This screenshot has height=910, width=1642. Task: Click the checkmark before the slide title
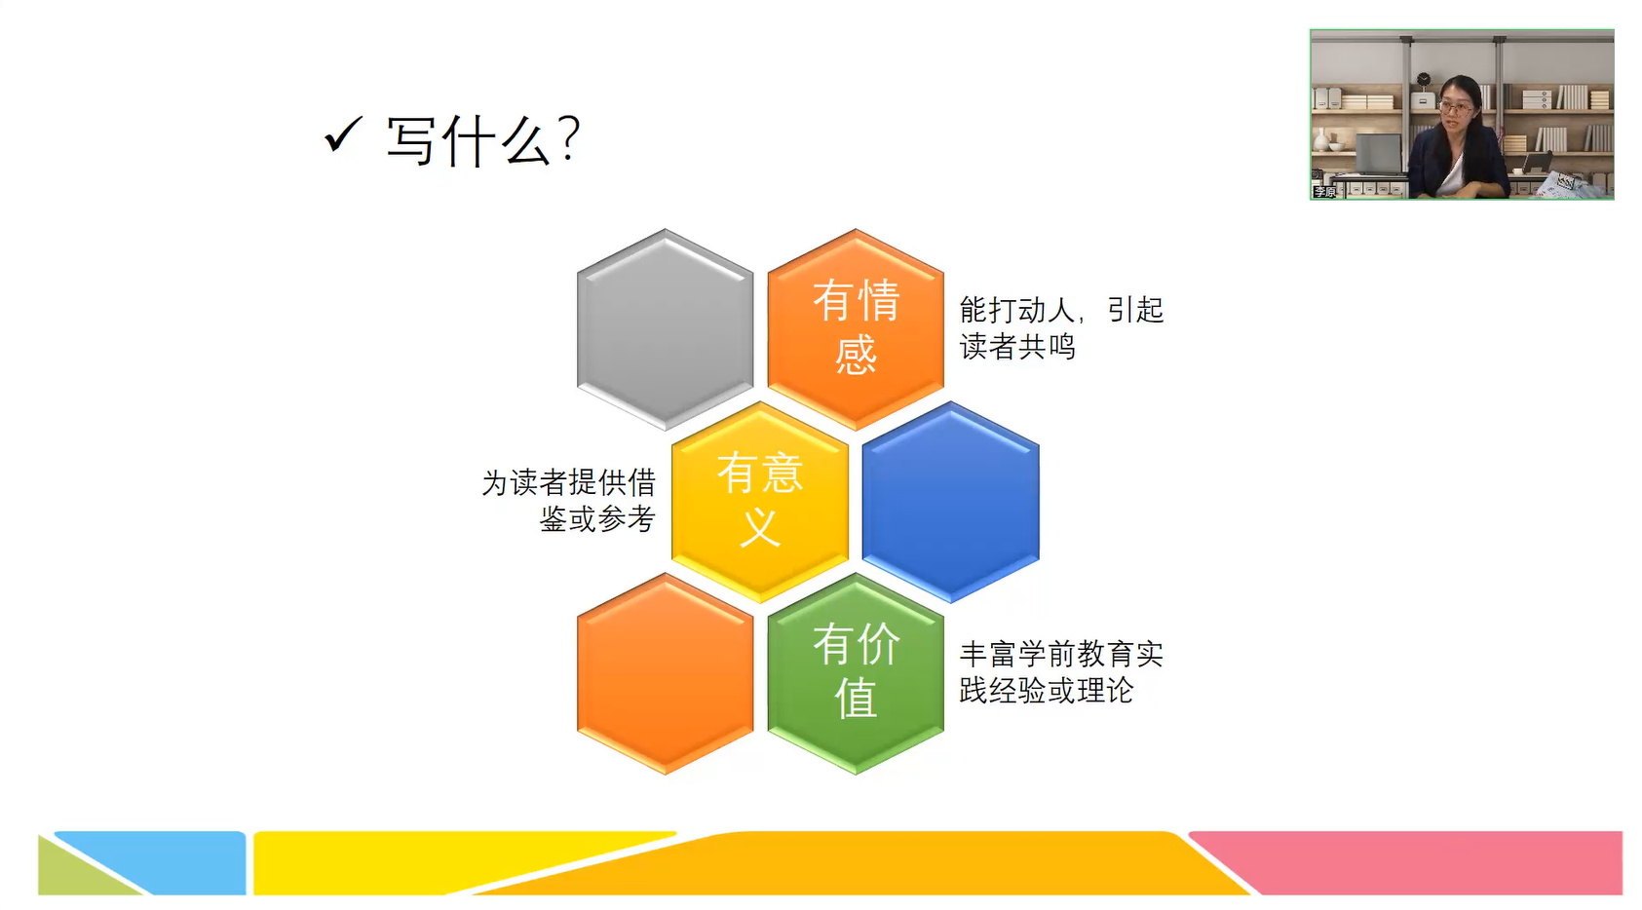342,134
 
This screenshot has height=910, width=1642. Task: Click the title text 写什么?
483,140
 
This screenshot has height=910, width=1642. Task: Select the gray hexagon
665,329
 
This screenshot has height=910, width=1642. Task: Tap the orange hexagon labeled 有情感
856,329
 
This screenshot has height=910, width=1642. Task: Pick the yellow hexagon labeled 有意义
760,502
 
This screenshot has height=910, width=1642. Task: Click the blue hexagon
951,502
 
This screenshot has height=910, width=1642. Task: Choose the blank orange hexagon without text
665,674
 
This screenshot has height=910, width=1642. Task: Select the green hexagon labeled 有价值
856,674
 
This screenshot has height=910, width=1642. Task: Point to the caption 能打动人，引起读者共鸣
1061,327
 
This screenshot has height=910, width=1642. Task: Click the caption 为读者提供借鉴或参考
569,501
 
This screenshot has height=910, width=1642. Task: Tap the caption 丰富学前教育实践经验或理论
1061,672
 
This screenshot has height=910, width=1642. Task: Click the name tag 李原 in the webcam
1325,192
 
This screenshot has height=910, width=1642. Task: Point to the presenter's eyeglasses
1456,109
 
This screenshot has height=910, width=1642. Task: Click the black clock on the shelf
1423,79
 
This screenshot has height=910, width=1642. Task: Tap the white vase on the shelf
1321,139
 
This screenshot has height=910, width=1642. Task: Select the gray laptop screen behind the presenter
1379,154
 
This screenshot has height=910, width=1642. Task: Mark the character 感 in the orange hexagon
856,355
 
